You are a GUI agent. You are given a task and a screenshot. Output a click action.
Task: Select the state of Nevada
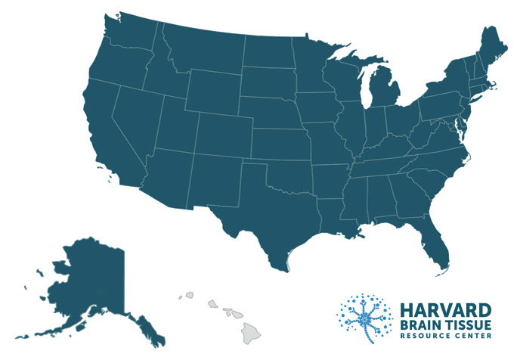click(x=132, y=113)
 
